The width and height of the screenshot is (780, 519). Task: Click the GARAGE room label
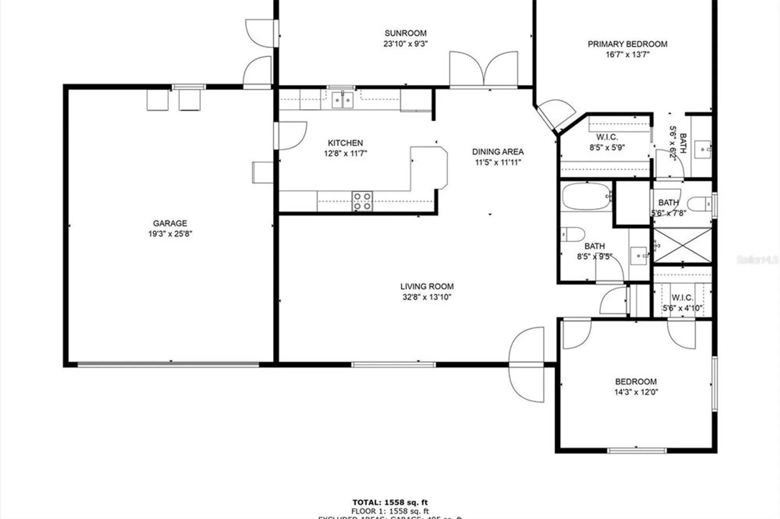click(170, 223)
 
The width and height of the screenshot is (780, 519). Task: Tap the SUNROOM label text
click(405, 33)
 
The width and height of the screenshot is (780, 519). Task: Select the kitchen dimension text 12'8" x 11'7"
click(345, 154)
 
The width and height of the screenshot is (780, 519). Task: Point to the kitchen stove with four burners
click(362, 201)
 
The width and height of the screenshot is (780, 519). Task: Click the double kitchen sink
click(342, 100)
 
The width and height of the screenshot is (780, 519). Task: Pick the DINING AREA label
click(498, 152)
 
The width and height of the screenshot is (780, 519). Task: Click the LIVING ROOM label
click(427, 286)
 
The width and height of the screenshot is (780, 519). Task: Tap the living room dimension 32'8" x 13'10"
click(427, 297)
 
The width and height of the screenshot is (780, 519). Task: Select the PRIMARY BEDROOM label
click(627, 44)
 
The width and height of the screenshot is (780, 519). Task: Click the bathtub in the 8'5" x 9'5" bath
click(586, 197)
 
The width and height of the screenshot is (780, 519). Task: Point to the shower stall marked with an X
click(682, 246)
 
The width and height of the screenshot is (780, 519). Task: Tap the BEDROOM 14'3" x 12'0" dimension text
click(636, 392)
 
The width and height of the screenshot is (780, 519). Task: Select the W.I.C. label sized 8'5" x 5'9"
click(607, 137)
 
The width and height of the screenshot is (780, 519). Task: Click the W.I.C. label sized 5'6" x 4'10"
click(682, 298)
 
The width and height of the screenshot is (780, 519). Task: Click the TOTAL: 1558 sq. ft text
click(390, 502)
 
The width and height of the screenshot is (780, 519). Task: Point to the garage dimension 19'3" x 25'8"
click(170, 234)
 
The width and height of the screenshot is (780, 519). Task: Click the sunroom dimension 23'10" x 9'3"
click(405, 44)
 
